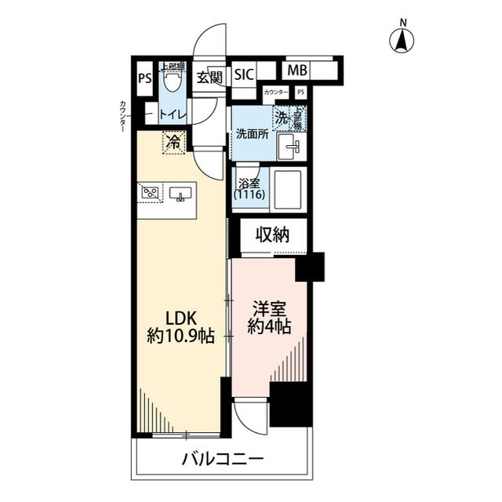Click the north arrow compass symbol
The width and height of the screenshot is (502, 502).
403,40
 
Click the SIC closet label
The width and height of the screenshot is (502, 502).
244,76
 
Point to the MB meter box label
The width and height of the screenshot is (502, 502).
296,71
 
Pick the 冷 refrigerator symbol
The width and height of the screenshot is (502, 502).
173,144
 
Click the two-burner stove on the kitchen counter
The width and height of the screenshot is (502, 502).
151,192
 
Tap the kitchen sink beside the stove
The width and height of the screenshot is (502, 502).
180,194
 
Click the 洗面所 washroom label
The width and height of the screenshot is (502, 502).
252,133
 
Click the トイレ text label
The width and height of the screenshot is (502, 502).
173,115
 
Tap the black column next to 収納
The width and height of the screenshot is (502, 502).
310,266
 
